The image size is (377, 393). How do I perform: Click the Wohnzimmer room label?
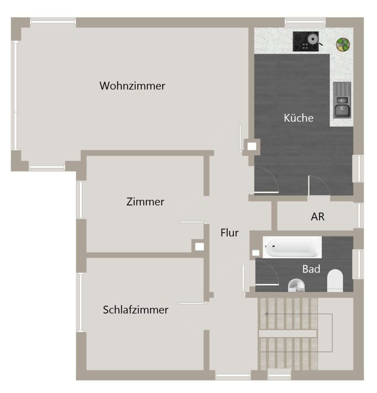(132, 86)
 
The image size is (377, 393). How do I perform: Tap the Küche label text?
(298, 118)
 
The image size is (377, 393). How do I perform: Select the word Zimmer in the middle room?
(145, 202)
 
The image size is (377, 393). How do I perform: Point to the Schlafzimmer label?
(136, 310)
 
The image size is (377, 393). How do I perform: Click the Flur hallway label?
(229, 233)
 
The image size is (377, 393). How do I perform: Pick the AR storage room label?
(318, 217)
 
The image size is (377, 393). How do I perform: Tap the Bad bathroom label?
(311, 269)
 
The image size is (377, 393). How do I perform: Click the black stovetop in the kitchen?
(306, 41)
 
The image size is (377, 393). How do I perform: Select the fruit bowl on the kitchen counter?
(343, 45)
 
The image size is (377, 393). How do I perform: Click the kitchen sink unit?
(342, 100)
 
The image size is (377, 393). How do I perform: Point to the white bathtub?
(292, 247)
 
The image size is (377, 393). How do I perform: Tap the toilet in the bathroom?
(335, 281)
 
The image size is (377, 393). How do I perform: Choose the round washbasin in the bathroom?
(296, 286)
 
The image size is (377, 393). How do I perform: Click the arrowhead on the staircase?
(267, 314)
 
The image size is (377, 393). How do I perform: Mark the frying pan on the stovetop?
(313, 39)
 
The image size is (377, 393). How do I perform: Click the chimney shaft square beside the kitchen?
(252, 146)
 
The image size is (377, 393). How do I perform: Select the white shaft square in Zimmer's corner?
(199, 247)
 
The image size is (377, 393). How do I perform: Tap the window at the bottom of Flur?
(233, 376)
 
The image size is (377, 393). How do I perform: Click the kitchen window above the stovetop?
(305, 22)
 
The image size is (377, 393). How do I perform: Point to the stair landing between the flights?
(288, 334)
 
